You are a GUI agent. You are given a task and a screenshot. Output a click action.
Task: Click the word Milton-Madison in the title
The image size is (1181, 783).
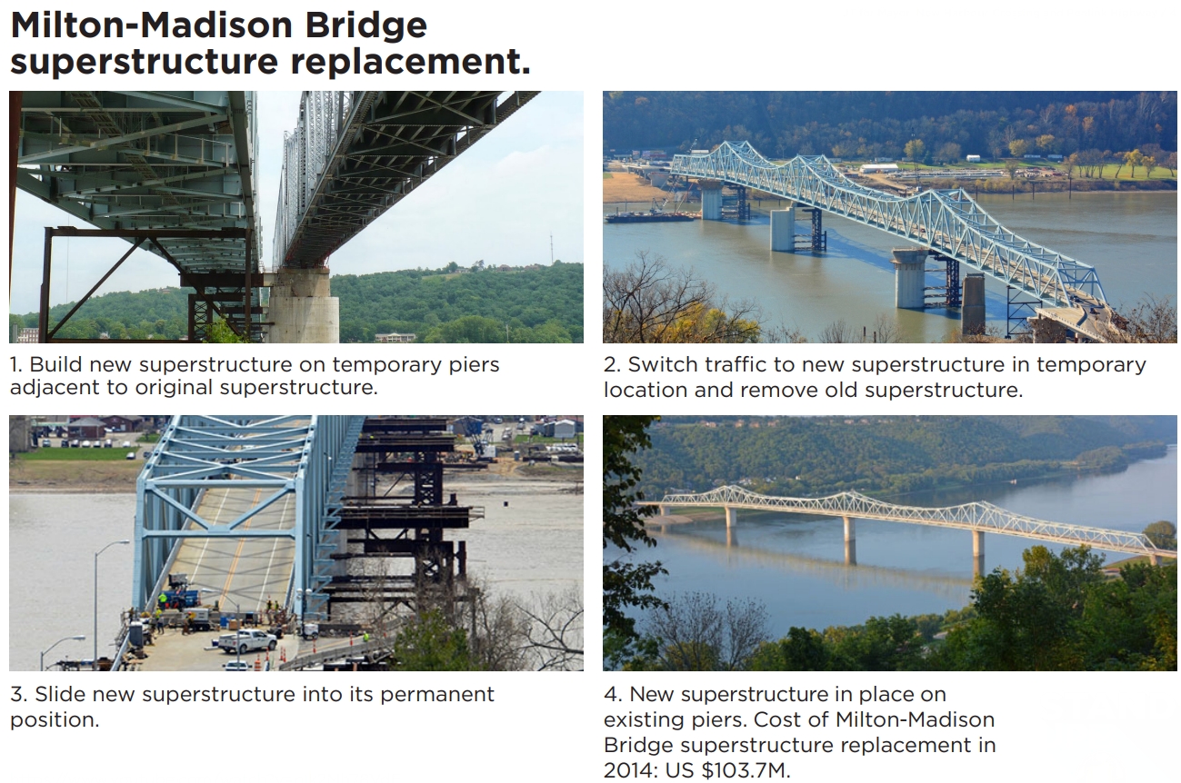152,25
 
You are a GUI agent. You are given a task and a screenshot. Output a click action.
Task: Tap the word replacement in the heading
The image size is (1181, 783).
410,62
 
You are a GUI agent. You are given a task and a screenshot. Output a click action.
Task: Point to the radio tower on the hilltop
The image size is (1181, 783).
552,248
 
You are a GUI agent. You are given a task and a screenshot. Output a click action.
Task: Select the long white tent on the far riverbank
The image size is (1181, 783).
879,169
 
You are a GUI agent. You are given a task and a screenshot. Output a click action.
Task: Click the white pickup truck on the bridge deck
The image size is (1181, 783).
245,640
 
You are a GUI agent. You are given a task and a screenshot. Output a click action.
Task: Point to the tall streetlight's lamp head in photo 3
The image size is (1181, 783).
121,542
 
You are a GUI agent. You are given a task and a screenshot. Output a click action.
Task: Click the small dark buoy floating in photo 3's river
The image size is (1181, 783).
506,504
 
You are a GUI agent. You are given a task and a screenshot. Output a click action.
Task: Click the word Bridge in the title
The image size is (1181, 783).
365,25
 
